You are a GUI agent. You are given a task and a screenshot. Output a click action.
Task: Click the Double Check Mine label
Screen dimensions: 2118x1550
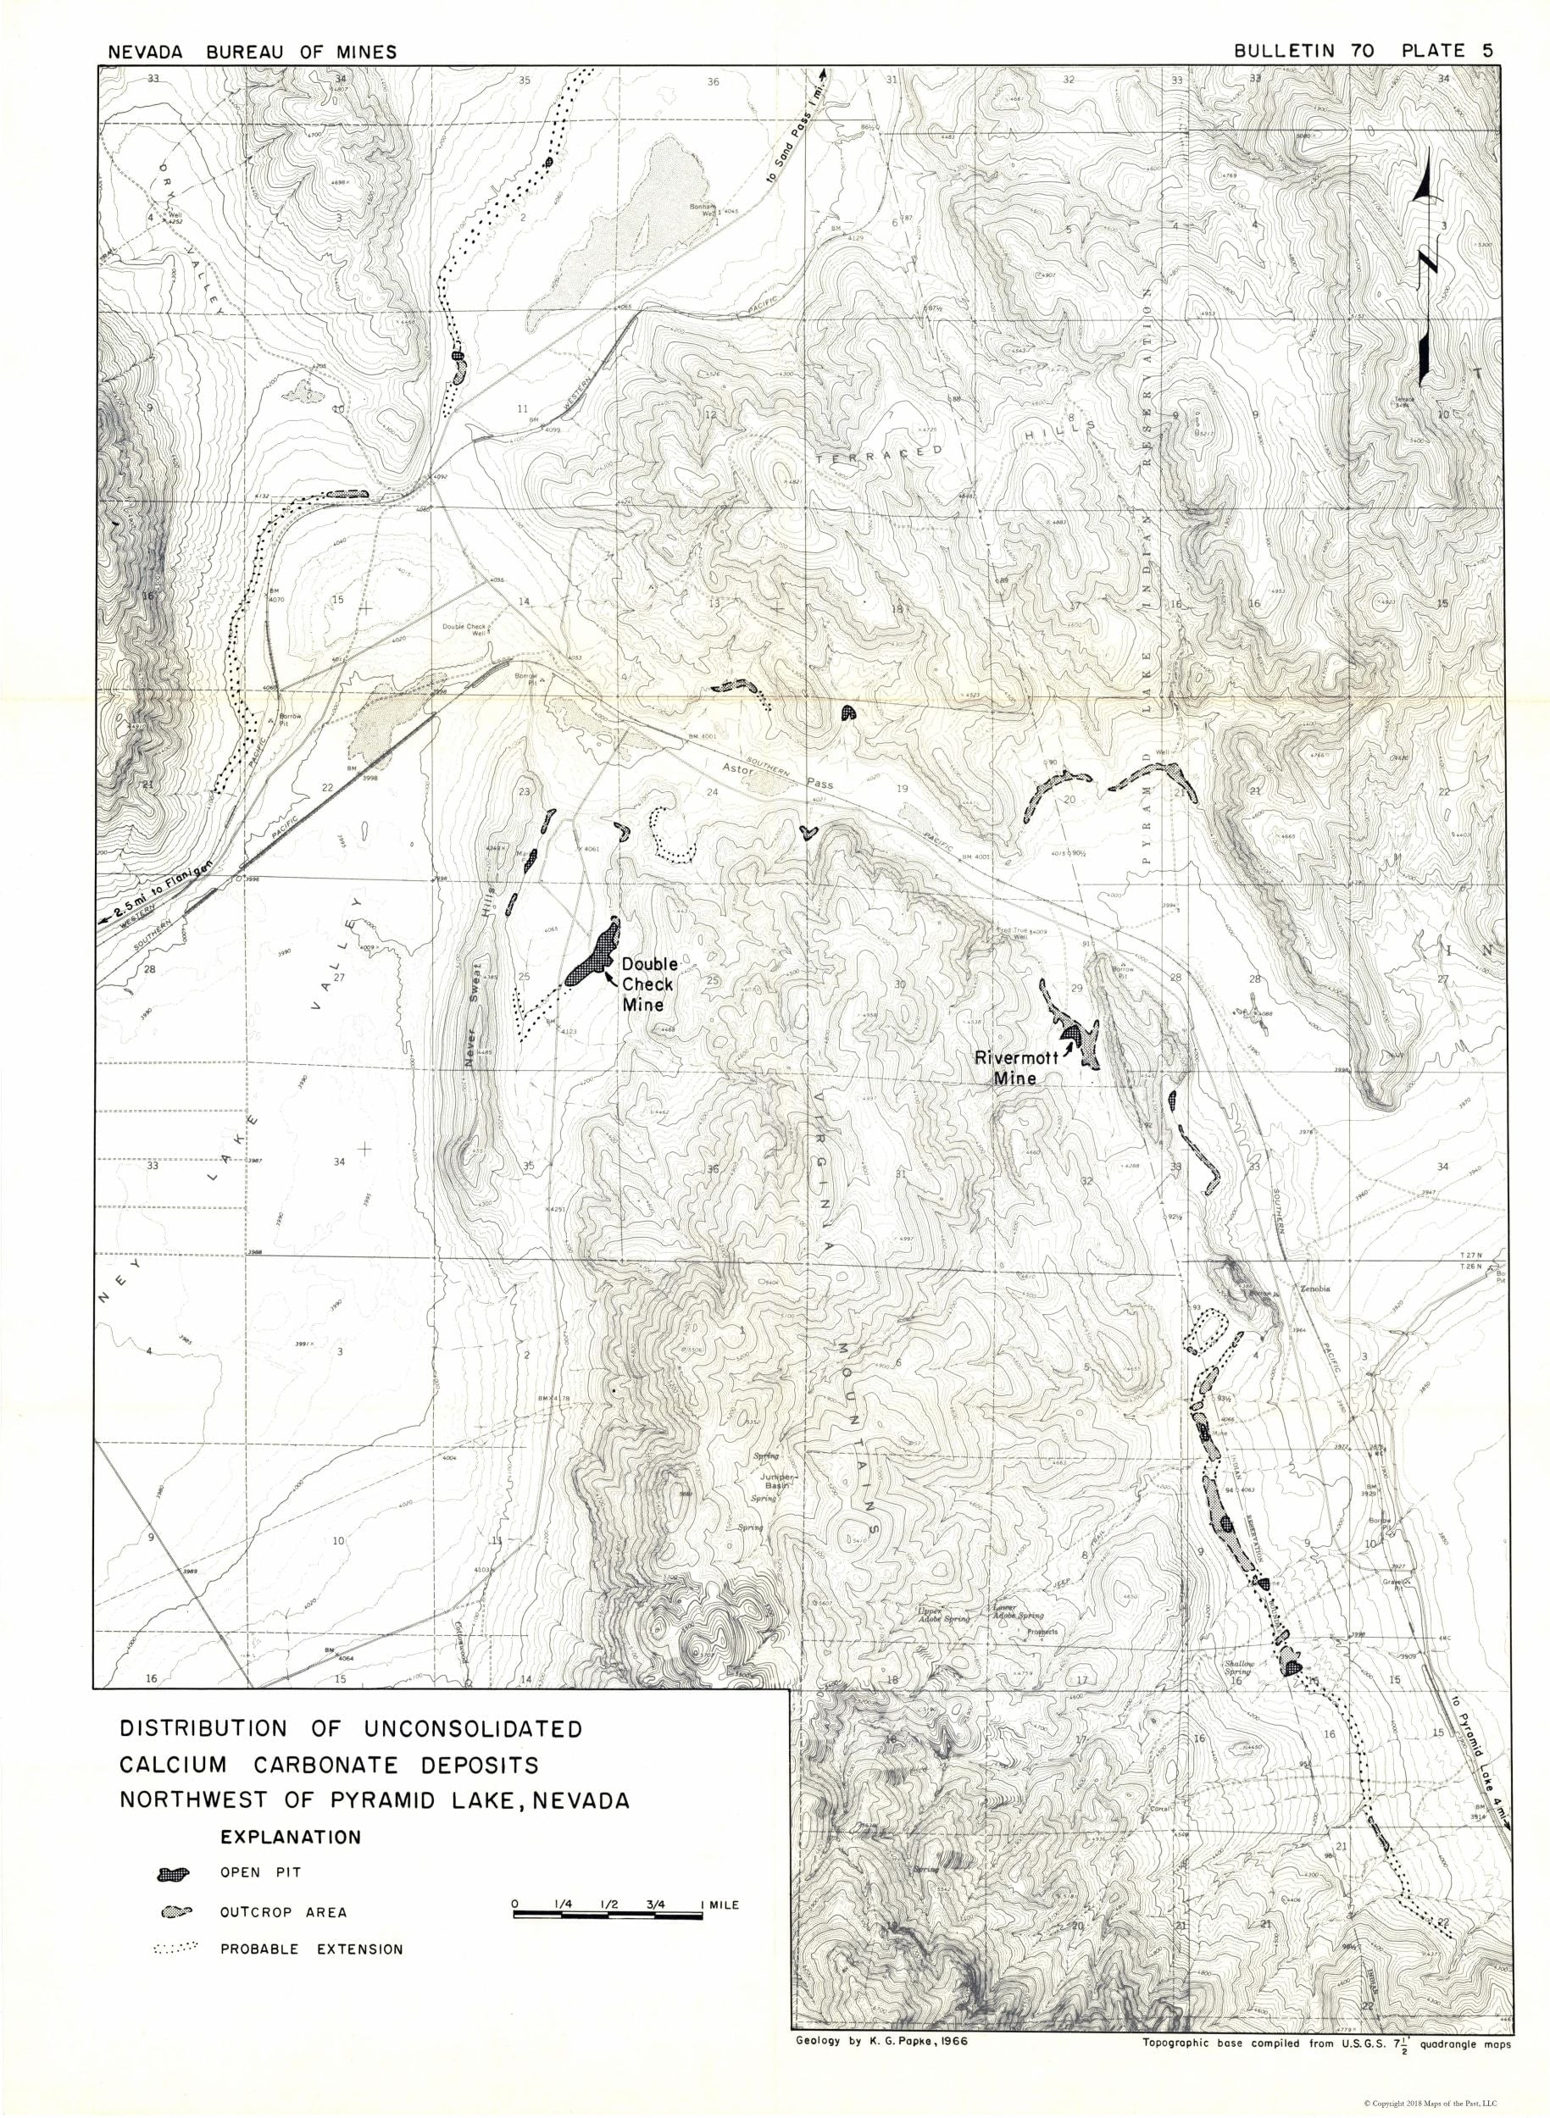[648, 984]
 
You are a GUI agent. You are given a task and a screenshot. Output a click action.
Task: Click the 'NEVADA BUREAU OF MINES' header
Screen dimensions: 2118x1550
[252, 53]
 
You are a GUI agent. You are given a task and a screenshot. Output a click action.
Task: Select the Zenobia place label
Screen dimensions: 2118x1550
[1316, 1289]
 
